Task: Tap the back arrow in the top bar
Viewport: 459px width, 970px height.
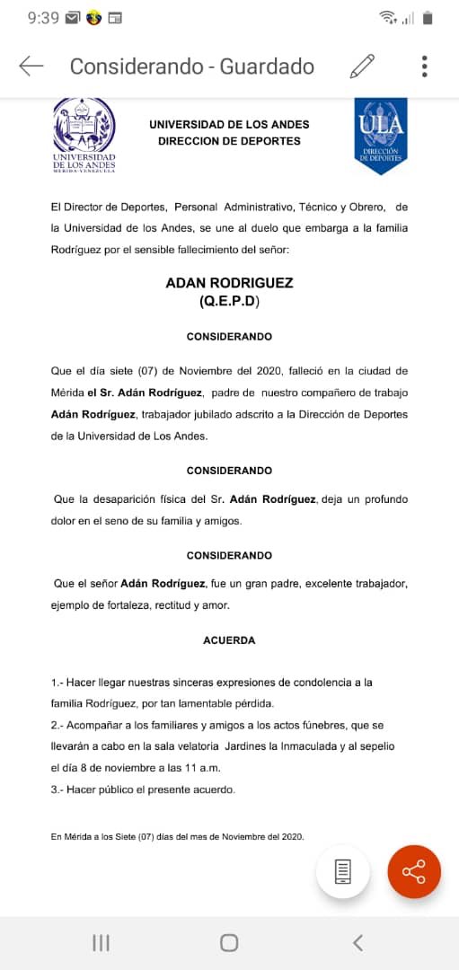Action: (31, 66)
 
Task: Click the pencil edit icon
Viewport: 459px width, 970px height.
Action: (362, 66)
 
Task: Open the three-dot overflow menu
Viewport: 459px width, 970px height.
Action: (424, 66)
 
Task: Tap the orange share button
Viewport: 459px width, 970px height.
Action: (414, 871)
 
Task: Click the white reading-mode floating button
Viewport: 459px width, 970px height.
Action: (342, 871)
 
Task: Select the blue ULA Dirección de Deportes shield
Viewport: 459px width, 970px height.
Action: (381, 134)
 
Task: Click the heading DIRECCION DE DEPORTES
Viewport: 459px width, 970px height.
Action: (229, 141)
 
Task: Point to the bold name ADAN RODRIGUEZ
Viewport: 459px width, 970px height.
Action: (229, 283)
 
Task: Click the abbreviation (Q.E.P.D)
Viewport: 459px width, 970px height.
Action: (229, 303)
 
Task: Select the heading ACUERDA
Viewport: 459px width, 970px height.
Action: (229, 640)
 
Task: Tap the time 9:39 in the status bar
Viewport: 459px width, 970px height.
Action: (43, 17)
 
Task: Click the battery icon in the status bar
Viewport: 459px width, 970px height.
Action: (428, 17)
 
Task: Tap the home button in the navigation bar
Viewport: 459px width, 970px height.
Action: (229, 942)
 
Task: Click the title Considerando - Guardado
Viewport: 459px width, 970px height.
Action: (192, 66)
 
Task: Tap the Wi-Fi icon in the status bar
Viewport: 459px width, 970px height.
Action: (387, 17)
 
